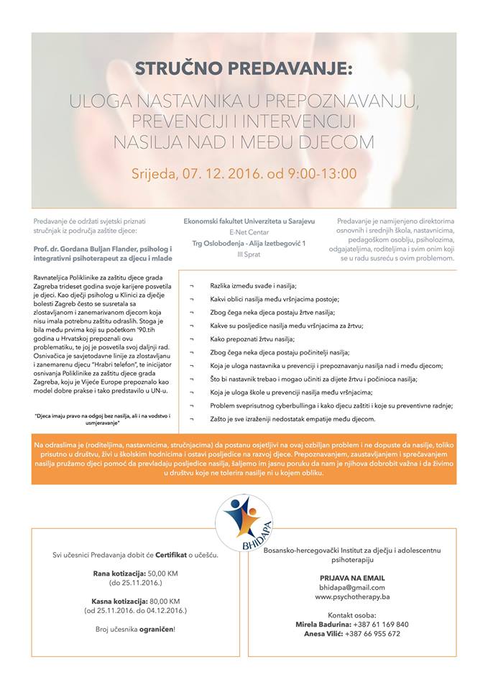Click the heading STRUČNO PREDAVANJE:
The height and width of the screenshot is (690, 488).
coord(244,70)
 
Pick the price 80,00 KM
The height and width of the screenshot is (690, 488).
coord(165,600)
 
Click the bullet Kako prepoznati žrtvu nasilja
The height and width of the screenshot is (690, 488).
coord(253,338)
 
